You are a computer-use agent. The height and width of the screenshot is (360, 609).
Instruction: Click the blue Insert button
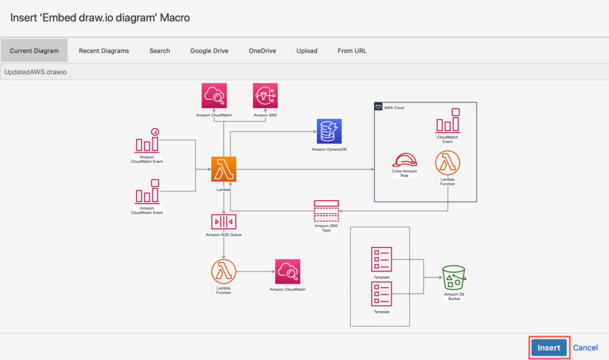point(549,348)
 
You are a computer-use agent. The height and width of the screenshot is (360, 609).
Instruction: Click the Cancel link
point(585,348)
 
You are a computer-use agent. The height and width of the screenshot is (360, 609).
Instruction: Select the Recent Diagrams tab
point(103,51)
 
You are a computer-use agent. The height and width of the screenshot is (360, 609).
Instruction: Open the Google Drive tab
point(209,51)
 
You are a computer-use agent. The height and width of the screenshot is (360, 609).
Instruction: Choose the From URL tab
point(352,51)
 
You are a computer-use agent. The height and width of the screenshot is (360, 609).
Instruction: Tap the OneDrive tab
point(262,51)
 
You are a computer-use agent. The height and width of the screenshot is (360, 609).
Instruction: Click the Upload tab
point(307,51)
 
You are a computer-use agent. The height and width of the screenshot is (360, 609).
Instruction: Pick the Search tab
point(159,51)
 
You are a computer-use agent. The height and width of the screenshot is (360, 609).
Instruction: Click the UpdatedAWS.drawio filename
point(35,72)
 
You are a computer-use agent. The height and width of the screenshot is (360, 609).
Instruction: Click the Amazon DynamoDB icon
point(329,132)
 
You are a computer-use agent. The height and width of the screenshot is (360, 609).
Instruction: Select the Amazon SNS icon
point(265,96)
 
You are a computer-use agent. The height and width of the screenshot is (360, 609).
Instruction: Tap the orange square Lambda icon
point(224,169)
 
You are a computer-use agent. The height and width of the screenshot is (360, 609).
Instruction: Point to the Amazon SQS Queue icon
point(224,221)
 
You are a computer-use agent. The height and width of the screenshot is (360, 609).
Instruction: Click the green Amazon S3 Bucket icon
point(454,277)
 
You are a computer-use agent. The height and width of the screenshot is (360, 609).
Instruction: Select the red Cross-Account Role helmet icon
point(404,160)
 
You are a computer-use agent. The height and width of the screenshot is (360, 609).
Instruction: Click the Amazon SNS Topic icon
point(327,211)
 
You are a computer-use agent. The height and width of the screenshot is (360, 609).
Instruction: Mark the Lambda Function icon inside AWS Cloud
point(447,163)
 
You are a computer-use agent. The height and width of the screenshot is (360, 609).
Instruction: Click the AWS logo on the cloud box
point(378,107)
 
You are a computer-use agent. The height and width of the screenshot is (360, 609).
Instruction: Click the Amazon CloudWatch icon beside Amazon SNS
point(214,96)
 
